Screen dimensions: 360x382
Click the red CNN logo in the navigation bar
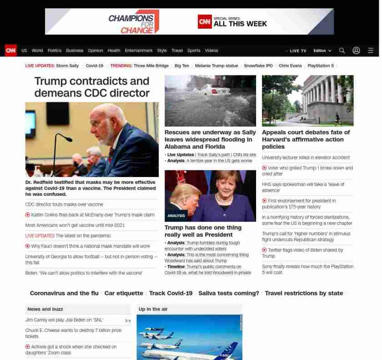coord(10,51)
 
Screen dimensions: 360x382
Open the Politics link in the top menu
coord(55,51)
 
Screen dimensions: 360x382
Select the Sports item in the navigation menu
coord(194,51)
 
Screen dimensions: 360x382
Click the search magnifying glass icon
coord(342,51)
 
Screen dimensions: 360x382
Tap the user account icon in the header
coord(356,51)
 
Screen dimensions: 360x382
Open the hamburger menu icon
coord(371,51)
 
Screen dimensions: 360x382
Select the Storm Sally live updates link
coord(67,66)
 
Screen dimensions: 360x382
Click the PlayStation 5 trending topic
coord(321,66)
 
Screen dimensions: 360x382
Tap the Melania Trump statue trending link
coord(216,66)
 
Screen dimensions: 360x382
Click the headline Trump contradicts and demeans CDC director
coord(92,87)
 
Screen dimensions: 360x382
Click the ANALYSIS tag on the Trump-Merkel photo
coord(176,216)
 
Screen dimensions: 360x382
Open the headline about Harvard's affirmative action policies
coord(306,139)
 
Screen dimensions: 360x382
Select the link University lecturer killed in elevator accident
coord(306,157)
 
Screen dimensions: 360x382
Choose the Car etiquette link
coord(124,294)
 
